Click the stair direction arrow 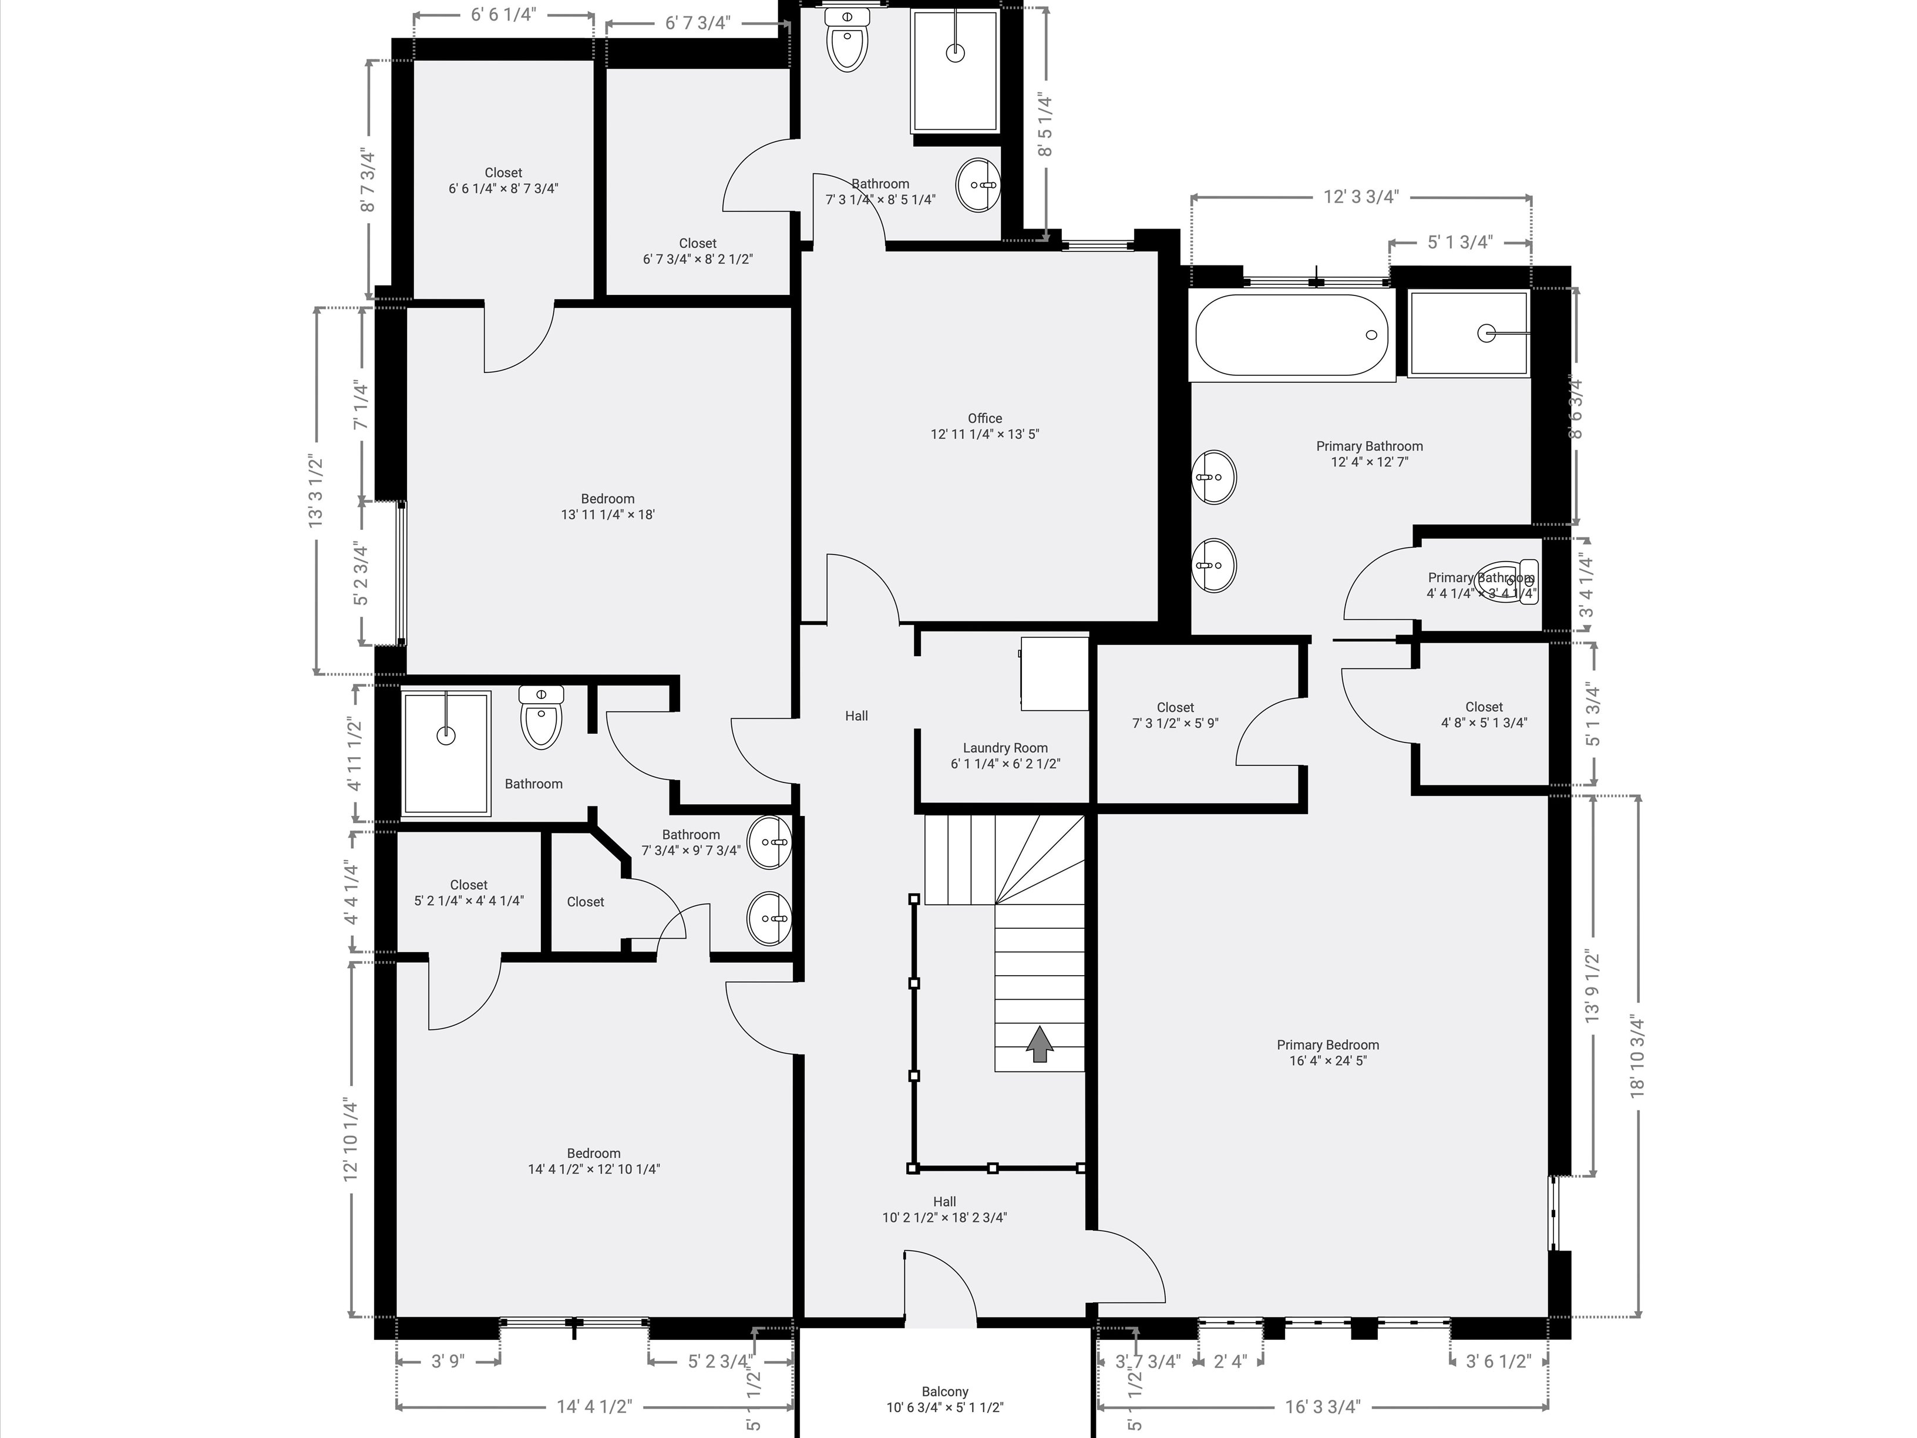point(1039,1044)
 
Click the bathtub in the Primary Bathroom point(1292,335)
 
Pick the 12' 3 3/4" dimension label point(1361,197)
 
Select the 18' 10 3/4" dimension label point(1637,1056)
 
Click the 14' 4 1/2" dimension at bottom point(594,1406)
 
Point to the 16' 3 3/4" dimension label point(1323,1406)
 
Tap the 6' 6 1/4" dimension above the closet point(503,15)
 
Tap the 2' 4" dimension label point(1230,1361)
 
